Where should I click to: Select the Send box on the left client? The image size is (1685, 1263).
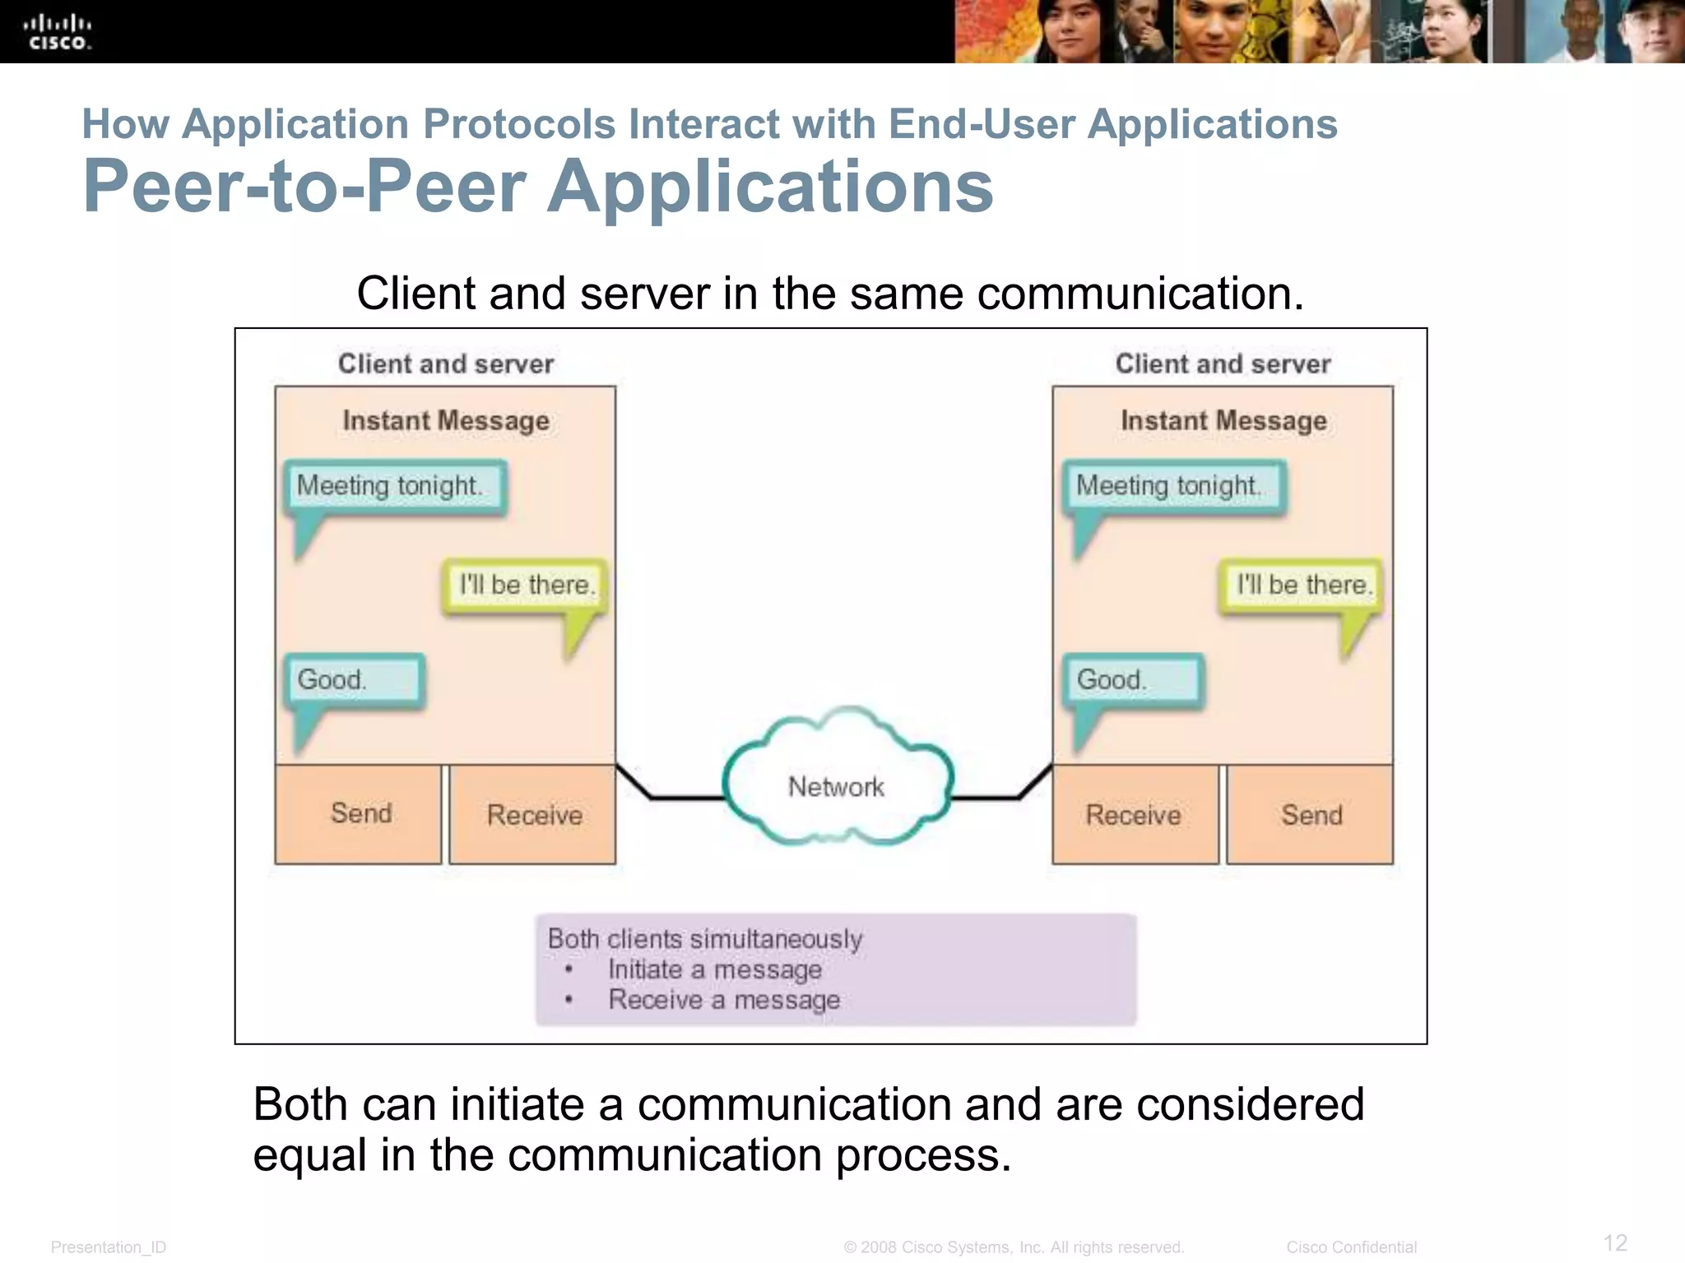[x=359, y=814]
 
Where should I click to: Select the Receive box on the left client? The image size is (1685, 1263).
[x=533, y=814]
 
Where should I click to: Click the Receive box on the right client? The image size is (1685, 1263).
[x=1135, y=814]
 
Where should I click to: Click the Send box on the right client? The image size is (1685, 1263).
[x=1311, y=814]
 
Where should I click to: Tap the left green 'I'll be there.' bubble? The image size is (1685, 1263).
[x=526, y=585]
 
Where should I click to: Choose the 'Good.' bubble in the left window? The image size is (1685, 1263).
[x=354, y=680]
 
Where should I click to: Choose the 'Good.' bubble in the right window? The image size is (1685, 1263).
[x=1133, y=680]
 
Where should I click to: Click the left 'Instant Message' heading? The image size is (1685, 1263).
[x=446, y=421]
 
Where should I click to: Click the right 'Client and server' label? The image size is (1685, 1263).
[x=1223, y=363]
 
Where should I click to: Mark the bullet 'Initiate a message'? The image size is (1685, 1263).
[x=714, y=969]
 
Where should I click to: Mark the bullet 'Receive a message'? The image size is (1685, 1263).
[x=724, y=1000]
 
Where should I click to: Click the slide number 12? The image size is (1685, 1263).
[x=1615, y=1242]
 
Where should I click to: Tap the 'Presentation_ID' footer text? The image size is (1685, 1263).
[x=109, y=1247]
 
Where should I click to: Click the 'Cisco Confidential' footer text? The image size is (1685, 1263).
[x=1351, y=1247]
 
